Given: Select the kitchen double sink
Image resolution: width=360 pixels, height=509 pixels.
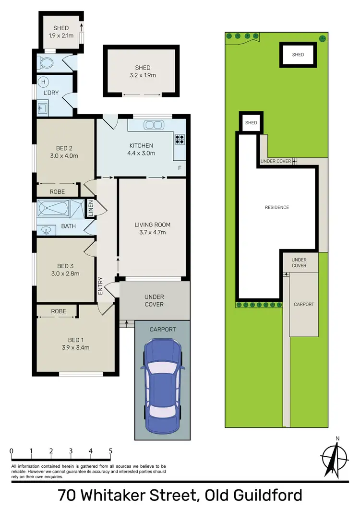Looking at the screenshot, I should (154, 125).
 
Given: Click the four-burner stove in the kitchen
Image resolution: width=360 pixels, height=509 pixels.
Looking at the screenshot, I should (180, 139).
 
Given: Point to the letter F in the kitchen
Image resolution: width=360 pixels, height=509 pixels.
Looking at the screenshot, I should (180, 168).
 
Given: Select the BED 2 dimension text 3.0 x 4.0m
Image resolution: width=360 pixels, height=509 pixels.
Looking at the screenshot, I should (64, 155).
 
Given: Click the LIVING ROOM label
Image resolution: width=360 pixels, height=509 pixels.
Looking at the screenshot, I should (152, 225).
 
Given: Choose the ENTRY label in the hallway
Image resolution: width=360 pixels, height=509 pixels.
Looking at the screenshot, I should (101, 286).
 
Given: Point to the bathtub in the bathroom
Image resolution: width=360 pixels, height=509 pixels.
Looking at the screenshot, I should (54, 209).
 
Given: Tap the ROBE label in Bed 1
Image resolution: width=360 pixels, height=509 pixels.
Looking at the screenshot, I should (59, 311).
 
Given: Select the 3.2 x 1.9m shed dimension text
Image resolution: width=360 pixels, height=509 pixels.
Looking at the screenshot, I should (142, 75).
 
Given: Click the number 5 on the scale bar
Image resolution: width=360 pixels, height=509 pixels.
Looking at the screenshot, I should (110, 451).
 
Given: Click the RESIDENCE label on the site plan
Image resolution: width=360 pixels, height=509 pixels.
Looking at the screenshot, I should (277, 207).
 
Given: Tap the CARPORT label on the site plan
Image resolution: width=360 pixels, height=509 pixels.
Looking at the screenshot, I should (304, 304).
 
